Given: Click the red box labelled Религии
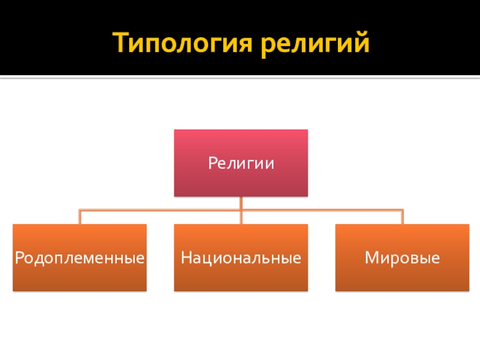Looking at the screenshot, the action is [241, 163].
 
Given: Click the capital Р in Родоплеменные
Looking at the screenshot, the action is [19, 259].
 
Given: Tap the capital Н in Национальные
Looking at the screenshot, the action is [185, 259].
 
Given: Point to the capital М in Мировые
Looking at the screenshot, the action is [370, 259].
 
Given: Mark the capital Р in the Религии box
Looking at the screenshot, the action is [212, 163].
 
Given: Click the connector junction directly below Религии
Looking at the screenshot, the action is [241, 210].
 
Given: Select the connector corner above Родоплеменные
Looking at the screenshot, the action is [80, 210].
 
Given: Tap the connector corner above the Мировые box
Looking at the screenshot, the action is [402, 210].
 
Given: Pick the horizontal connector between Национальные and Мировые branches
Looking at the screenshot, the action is [321, 210].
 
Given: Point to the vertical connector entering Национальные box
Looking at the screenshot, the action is [241, 218].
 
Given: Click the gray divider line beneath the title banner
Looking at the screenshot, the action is [240, 76].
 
